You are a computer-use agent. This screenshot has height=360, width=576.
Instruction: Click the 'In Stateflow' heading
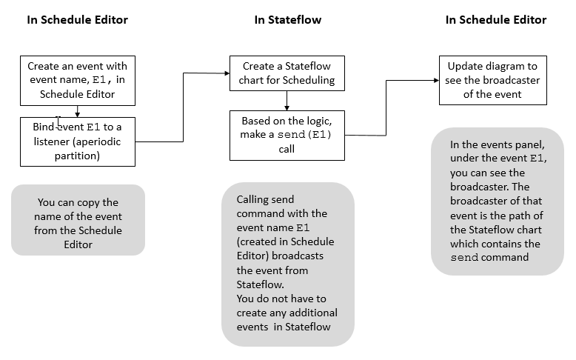click(x=288, y=20)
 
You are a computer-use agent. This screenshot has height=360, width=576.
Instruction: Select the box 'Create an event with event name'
click(x=77, y=80)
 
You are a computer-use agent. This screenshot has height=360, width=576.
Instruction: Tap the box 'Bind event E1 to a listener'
click(x=77, y=141)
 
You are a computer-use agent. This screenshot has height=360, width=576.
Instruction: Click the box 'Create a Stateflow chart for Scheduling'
click(x=287, y=73)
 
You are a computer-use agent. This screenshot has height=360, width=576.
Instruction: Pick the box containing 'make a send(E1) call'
click(x=287, y=135)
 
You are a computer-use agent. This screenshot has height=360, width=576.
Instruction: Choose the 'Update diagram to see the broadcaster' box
click(x=493, y=79)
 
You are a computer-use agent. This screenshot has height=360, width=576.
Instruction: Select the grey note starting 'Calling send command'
click(x=288, y=263)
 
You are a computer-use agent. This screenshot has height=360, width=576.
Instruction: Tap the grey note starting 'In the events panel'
click(x=497, y=201)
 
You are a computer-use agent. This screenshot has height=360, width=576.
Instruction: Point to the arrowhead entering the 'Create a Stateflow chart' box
click(x=227, y=73)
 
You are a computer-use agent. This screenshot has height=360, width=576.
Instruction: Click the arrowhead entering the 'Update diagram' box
click(x=436, y=79)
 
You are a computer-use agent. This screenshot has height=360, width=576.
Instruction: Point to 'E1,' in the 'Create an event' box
click(x=101, y=80)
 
